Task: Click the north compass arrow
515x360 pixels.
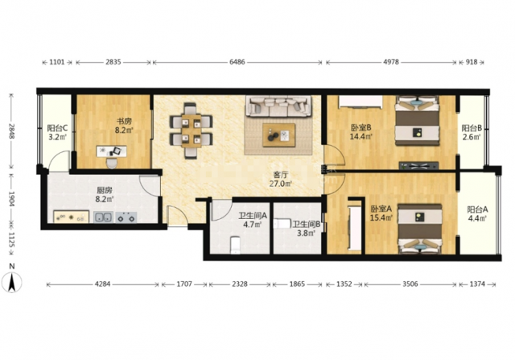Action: click(x=12, y=282)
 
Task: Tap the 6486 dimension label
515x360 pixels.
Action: click(x=237, y=62)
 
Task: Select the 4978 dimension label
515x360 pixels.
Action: click(x=391, y=62)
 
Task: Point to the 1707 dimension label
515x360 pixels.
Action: click(x=184, y=284)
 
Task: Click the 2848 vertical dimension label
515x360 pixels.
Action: click(x=12, y=130)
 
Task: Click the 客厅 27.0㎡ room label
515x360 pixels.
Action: click(x=281, y=179)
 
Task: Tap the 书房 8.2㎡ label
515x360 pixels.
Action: click(x=124, y=126)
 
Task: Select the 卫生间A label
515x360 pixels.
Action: click(x=253, y=216)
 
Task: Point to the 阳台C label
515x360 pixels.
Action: click(x=57, y=128)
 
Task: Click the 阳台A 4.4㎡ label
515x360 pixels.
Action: click(x=477, y=213)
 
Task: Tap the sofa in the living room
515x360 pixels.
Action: click(x=279, y=106)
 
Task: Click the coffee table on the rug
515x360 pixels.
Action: click(x=279, y=135)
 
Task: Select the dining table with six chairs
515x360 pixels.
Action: click(x=191, y=130)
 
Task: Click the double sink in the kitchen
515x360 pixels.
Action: click(x=104, y=217)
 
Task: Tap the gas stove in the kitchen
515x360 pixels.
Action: click(x=126, y=217)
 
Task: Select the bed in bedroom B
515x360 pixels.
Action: click(x=418, y=120)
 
